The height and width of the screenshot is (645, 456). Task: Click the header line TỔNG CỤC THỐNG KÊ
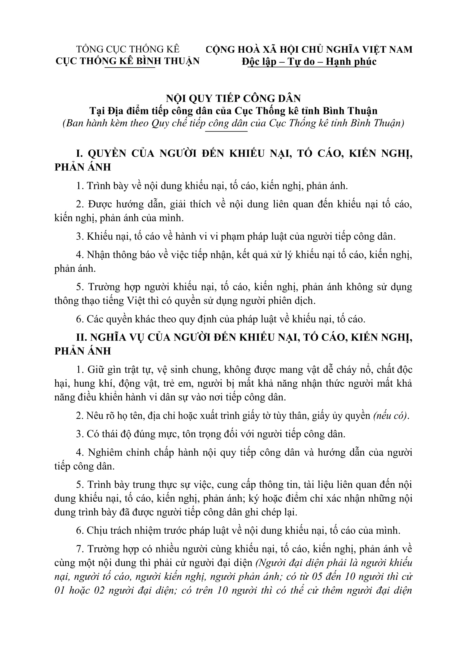[128, 49]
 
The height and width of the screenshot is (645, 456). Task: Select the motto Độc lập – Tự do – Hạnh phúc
[309, 61]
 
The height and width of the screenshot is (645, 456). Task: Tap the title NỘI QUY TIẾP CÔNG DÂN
[233, 98]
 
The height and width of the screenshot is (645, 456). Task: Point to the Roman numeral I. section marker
[80, 153]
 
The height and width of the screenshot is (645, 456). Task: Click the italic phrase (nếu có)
[391, 416]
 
